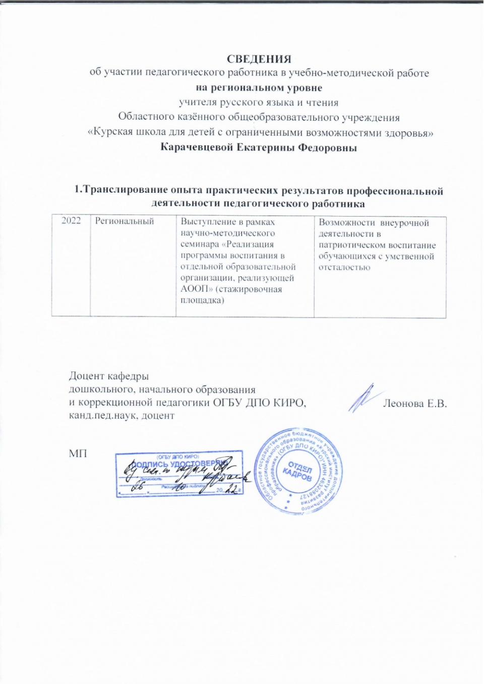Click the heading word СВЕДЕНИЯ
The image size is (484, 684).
click(259, 59)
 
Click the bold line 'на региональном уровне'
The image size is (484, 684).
click(259, 88)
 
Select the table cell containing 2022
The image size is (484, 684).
click(71, 221)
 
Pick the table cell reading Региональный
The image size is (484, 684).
click(125, 221)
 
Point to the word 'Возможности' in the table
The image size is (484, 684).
click(347, 223)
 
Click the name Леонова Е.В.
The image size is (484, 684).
click(415, 403)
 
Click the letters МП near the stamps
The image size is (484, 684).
click(78, 453)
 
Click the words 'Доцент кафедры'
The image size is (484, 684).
click(109, 376)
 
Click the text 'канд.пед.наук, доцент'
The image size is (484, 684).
click(122, 416)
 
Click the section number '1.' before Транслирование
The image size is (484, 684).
click(78, 190)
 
